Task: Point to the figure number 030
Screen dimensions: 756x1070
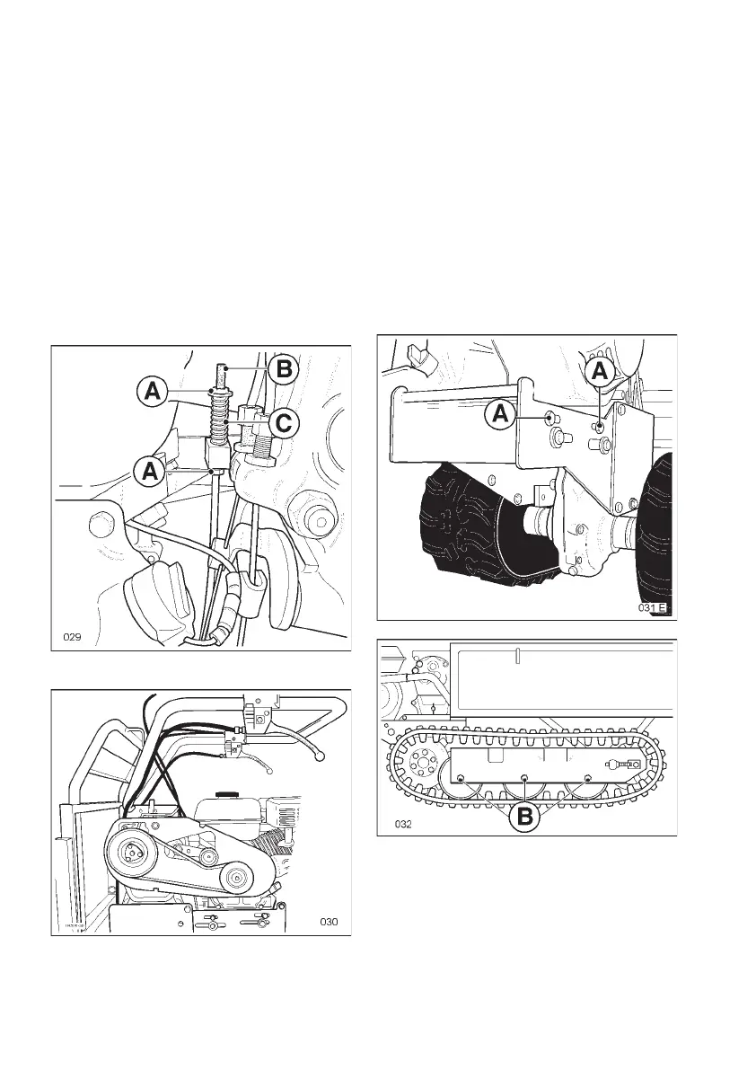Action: point(329,922)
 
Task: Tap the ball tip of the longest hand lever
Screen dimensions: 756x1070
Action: point(318,756)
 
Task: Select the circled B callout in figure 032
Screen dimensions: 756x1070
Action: point(524,818)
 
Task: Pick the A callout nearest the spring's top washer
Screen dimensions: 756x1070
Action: point(153,391)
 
